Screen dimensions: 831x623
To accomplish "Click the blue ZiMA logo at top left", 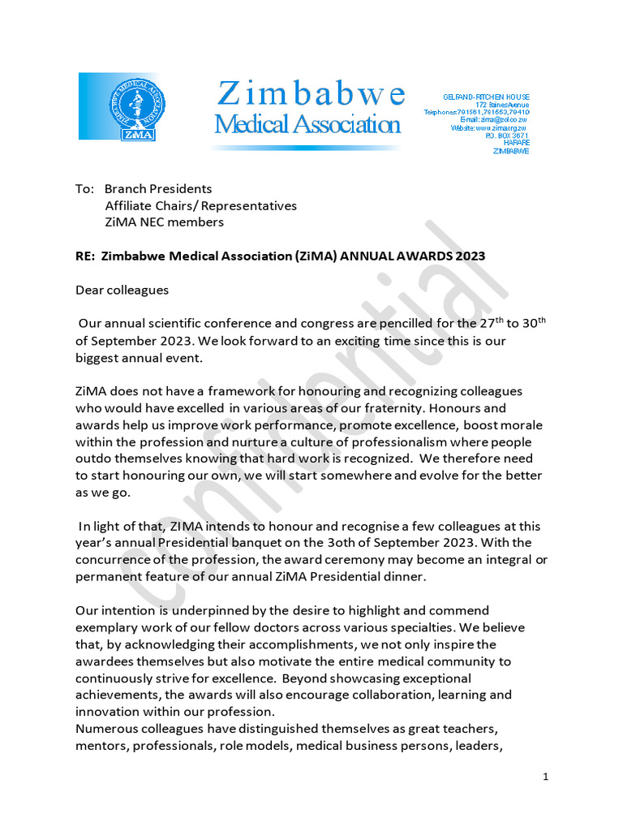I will (119, 106).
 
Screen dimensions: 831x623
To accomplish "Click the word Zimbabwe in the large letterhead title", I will (311, 94).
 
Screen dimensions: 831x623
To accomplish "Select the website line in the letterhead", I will (489, 128).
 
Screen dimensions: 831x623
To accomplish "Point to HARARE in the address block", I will (516, 144).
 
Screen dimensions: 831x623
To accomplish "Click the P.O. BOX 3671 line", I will (507, 136).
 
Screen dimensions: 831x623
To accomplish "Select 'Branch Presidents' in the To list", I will (158, 189).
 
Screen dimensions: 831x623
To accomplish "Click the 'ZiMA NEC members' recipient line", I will (165, 222).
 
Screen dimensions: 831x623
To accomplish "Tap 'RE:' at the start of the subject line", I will (85, 256).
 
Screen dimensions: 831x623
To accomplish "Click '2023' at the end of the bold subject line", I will (469, 256).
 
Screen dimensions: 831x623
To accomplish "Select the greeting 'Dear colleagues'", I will (122, 290).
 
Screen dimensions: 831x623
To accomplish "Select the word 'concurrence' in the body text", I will (113, 560).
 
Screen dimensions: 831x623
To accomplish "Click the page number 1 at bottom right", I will (546, 777).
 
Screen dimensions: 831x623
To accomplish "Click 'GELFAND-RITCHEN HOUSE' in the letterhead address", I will (485, 97).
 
